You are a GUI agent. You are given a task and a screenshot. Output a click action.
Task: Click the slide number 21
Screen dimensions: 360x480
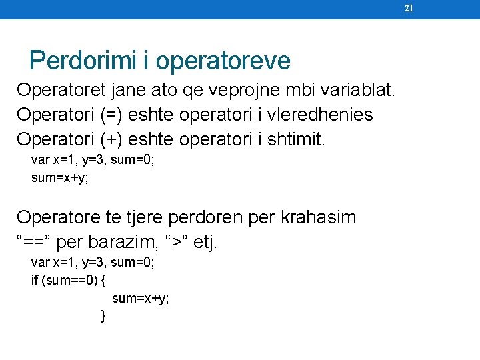point(409,9)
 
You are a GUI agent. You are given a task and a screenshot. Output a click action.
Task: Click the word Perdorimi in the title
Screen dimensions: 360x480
point(83,61)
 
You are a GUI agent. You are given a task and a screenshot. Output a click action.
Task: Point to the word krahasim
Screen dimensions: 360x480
point(319,217)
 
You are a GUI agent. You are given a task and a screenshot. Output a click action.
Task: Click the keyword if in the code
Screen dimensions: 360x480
point(35,280)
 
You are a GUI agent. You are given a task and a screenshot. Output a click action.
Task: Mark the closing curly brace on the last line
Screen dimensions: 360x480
point(103,315)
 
